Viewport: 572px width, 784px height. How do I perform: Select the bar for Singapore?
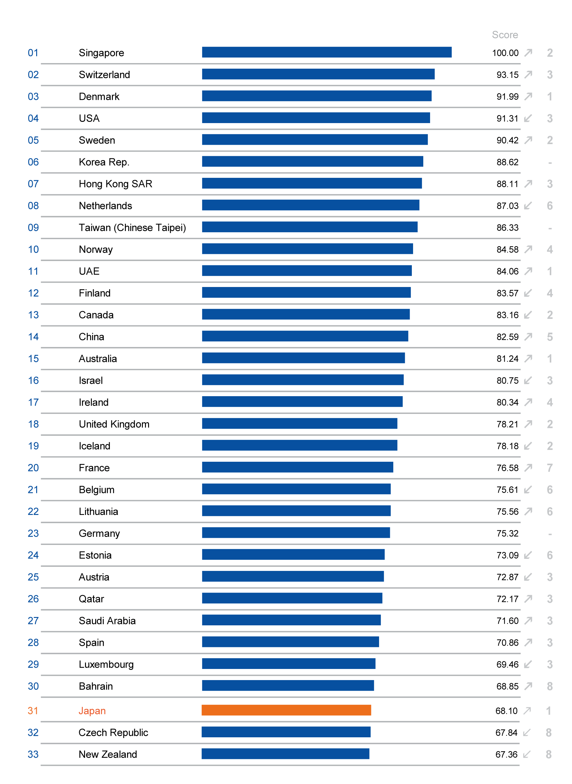tap(327, 52)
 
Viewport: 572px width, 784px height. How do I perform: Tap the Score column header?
tap(505, 35)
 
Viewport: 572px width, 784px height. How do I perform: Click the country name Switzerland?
tap(104, 75)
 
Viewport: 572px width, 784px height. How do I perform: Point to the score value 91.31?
tap(507, 118)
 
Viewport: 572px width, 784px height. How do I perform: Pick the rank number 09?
tap(33, 228)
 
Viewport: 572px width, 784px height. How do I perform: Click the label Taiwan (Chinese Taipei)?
tap(132, 228)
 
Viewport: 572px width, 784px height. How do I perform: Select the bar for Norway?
tap(307, 249)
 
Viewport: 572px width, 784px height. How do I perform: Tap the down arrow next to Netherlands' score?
tap(528, 206)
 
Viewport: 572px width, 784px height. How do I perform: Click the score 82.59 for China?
tap(507, 337)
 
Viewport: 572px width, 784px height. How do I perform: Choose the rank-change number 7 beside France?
tap(549, 468)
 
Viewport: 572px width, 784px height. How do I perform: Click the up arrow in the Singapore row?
tap(528, 53)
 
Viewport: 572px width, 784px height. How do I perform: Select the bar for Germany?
tap(296, 533)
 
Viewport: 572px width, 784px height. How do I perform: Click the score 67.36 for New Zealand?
tap(506, 754)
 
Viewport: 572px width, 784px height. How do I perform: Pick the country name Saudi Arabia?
tap(107, 621)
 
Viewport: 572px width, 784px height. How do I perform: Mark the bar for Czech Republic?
tap(286, 732)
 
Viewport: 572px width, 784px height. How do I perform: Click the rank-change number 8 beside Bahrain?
tap(549, 686)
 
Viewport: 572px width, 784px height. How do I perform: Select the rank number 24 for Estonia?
tap(33, 555)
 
